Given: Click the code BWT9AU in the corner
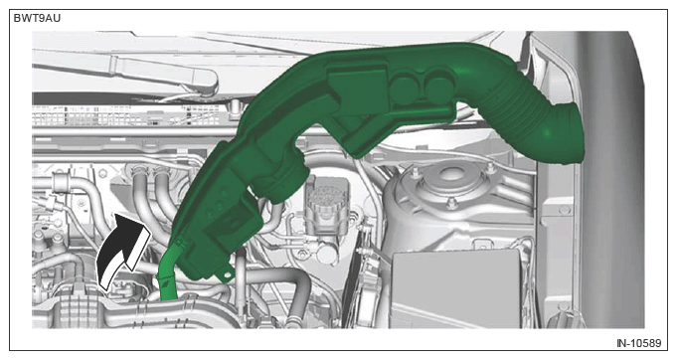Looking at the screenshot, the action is coord(37,19).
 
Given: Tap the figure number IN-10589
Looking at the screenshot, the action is coord(638,343).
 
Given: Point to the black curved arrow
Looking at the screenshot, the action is coord(120,252).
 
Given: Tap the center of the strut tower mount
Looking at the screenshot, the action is coord(449,175).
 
